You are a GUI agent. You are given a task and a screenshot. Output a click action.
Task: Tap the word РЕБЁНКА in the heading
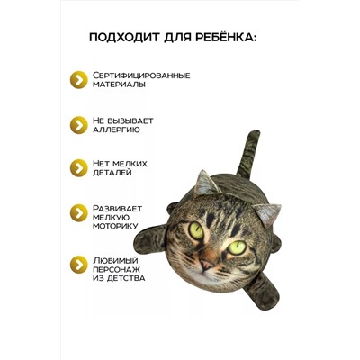pos(225,38)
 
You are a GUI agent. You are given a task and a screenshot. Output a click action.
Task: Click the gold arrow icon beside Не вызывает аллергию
pos(79,124)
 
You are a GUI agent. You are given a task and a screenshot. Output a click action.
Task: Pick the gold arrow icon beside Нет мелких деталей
pos(79,167)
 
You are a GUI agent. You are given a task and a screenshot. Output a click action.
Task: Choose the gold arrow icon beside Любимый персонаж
pos(79,265)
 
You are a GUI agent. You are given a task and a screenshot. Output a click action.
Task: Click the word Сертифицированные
pos(141,76)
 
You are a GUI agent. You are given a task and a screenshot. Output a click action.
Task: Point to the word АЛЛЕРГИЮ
pos(116,130)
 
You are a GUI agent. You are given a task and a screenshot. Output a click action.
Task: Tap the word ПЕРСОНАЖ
pos(121,267)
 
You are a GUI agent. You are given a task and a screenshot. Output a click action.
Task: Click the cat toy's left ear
pos(204,182)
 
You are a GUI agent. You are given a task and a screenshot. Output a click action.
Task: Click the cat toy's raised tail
pos(240,148)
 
